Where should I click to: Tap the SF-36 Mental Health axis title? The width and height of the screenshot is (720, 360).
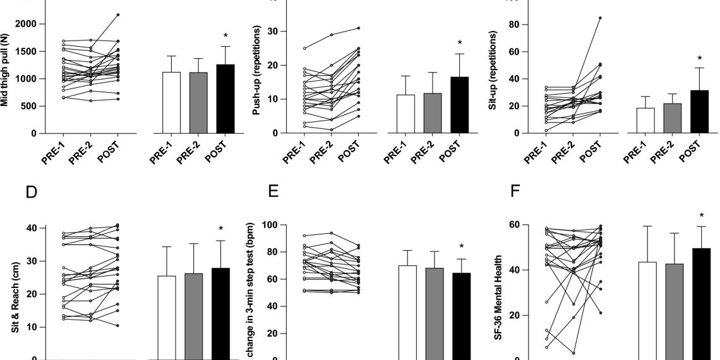click(498, 292)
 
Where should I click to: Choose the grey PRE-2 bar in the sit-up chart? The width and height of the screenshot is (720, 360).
click(670, 119)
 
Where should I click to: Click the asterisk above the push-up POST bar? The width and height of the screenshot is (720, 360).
click(460, 44)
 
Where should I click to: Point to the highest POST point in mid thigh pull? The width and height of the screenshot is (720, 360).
click(118, 15)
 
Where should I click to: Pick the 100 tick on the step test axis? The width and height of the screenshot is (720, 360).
click(253, 225)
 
